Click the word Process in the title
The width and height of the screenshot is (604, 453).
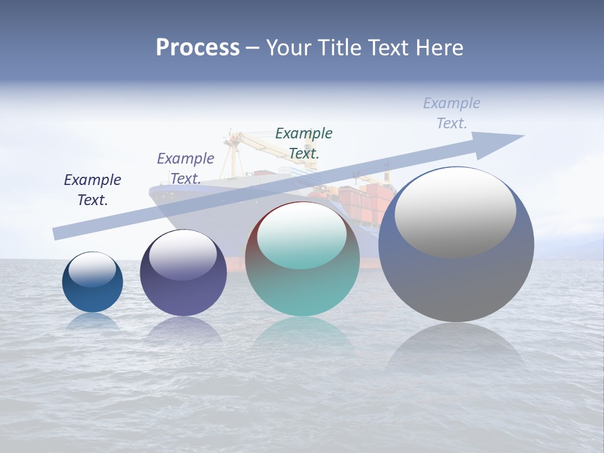[198, 48]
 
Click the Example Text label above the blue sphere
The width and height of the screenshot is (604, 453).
[92, 190]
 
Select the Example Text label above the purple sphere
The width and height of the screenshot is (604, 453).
[185, 169]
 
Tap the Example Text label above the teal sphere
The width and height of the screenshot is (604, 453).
[304, 143]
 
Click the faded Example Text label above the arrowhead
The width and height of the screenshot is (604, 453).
[452, 113]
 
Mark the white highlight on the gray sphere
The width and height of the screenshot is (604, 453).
[456, 212]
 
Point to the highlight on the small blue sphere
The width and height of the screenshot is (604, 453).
[92, 269]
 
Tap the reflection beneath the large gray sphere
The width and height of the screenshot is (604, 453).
[456, 349]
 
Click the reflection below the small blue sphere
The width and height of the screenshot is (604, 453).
[92, 322]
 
